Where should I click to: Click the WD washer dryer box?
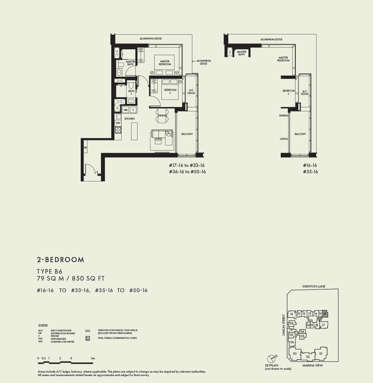125,110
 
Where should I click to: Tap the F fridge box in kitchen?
133,110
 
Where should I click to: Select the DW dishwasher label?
118,123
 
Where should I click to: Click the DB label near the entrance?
85,148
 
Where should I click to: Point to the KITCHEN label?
129,119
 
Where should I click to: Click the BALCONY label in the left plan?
187,134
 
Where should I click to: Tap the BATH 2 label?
131,92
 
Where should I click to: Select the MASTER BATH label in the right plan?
241,53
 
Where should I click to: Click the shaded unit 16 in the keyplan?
325,314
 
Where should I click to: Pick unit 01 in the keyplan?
321,354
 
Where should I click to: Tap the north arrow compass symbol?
271,359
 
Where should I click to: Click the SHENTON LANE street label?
314,286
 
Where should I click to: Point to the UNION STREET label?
284,325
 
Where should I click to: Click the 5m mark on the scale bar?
93,358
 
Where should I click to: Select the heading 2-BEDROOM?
61,260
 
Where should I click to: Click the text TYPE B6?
50,271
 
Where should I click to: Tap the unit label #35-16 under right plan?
310,172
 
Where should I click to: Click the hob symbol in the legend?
88,338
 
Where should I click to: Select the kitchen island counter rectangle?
134,131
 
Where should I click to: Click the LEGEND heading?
43,325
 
